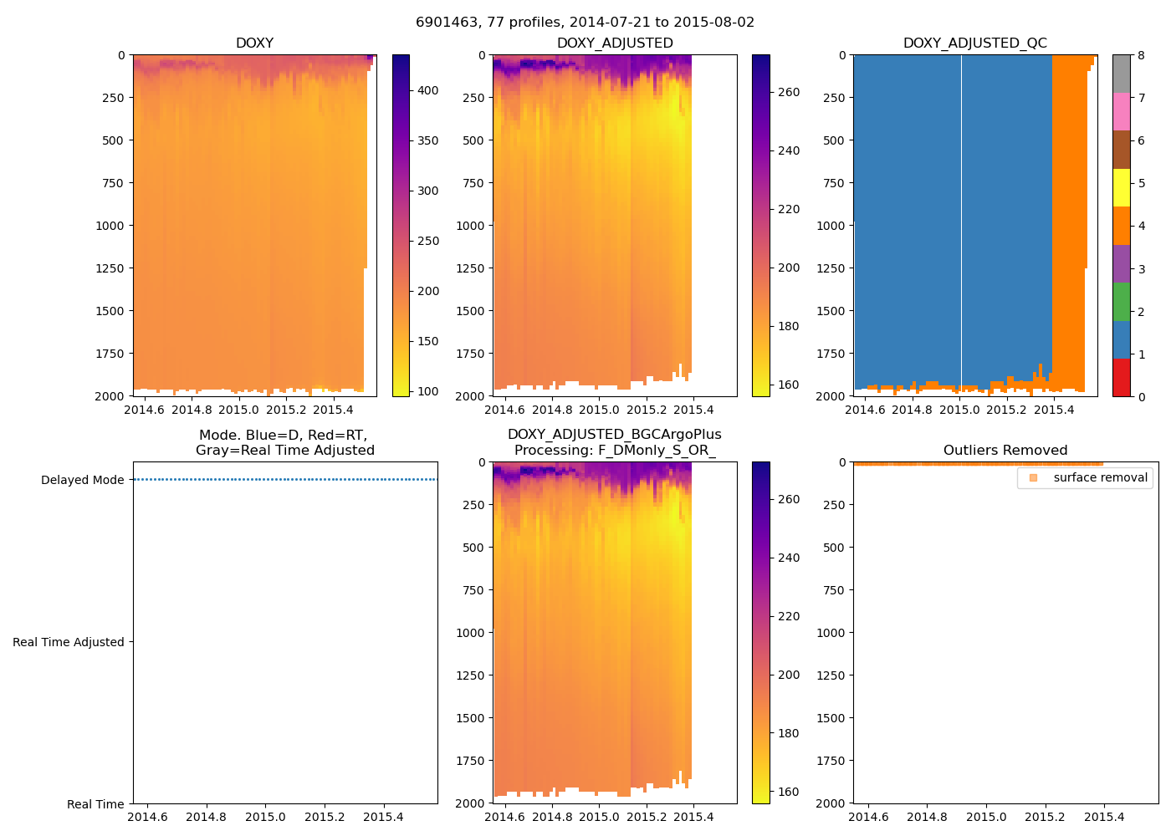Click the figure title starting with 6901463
pyautogui.click(x=585, y=23)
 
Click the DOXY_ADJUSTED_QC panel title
pyautogui.click(x=974, y=43)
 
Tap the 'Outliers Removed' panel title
pyautogui.click(x=1005, y=451)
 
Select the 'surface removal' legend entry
pyautogui.click(x=1100, y=477)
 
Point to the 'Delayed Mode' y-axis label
pyautogui.click(x=82, y=480)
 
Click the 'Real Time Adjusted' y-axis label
pyautogui.click(x=69, y=642)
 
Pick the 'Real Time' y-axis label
pyautogui.click(x=95, y=804)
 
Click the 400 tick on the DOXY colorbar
pyautogui.click(x=427, y=90)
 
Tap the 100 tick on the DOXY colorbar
pyautogui.click(x=427, y=391)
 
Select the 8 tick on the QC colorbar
pyautogui.click(x=1141, y=55)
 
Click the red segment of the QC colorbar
pyautogui.click(x=1121, y=377)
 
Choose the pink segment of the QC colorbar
pyautogui.click(x=1121, y=111)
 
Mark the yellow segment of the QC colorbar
pyautogui.click(x=1121, y=187)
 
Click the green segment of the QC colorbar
pyautogui.click(x=1121, y=301)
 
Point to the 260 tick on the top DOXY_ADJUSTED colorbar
pyautogui.click(x=788, y=92)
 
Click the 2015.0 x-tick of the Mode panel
pyautogui.click(x=265, y=817)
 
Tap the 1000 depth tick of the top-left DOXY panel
pyautogui.click(x=110, y=226)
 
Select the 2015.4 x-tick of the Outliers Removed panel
pyautogui.click(x=1103, y=817)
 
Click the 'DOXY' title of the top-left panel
pyautogui.click(x=254, y=43)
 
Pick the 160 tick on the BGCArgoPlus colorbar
pyautogui.click(x=788, y=792)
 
